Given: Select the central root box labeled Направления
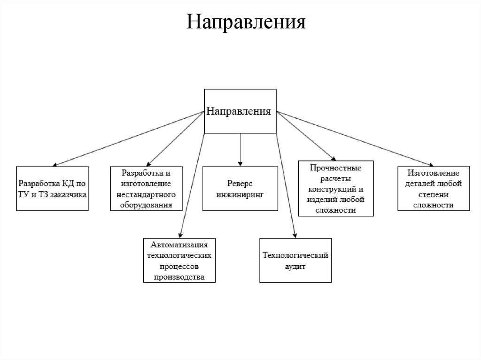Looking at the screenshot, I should [240, 111].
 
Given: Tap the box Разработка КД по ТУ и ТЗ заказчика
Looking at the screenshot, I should [52, 188].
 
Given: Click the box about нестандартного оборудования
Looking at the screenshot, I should [146, 188].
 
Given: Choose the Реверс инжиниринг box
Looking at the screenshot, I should [240, 188].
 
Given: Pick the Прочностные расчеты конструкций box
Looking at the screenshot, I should [336, 188].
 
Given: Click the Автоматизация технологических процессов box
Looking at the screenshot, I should [179, 260].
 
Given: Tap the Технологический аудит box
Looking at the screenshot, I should [295, 260].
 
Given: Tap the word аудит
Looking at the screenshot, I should [295, 266].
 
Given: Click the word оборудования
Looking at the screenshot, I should [146, 205].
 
